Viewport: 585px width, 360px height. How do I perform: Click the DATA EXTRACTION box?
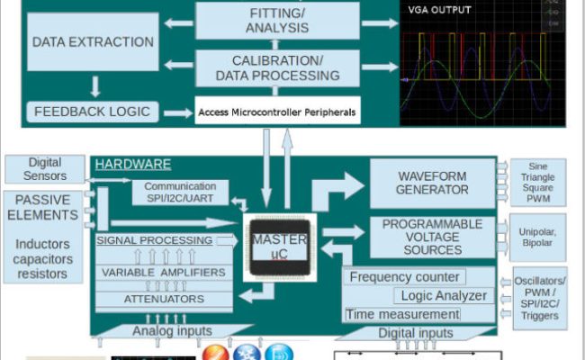[x=93, y=42]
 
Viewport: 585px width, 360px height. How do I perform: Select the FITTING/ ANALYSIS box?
[x=276, y=20]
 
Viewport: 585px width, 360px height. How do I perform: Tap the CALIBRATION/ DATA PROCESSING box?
[x=276, y=67]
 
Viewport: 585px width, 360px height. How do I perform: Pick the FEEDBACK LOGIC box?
[x=93, y=112]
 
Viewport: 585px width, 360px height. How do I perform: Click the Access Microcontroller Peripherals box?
[x=276, y=112]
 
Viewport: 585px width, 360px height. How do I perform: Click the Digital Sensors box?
[x=44, y=168]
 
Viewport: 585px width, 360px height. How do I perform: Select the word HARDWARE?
[x=133, y=165]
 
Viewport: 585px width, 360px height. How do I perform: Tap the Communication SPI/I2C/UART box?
[x=180, y=193]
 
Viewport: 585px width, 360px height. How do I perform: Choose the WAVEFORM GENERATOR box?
[x=432, y=183]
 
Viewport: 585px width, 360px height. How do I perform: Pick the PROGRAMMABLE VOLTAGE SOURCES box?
[x=432, y=237]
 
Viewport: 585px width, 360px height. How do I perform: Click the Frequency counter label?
[x=404, y=277]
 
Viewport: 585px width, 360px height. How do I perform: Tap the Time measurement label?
[x=402, y=314]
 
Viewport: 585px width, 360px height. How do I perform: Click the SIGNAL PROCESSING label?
[x=155, y=240]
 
